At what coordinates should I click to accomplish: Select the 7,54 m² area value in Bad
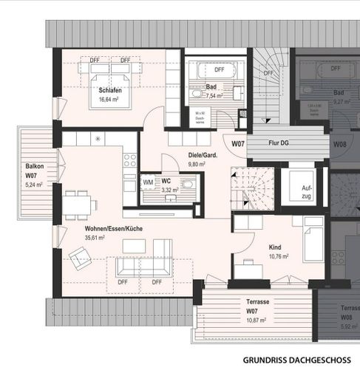(x=214, y=96)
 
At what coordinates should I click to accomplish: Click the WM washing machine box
(x=148, y=182)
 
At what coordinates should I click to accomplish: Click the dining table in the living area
(x=78, y=202)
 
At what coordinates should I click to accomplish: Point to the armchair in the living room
(x=78, y=256)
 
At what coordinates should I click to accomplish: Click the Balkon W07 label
(x=34, y=171)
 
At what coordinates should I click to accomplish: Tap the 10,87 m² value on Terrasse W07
(x=256, y=320)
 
